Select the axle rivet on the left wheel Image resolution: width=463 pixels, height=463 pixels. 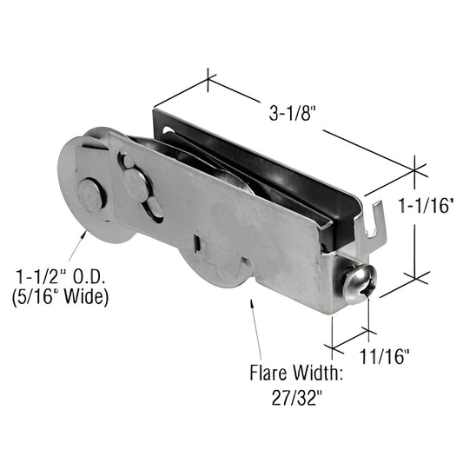tap(91, 194)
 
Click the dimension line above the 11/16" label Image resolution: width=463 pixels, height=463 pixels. tap(351, 332)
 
